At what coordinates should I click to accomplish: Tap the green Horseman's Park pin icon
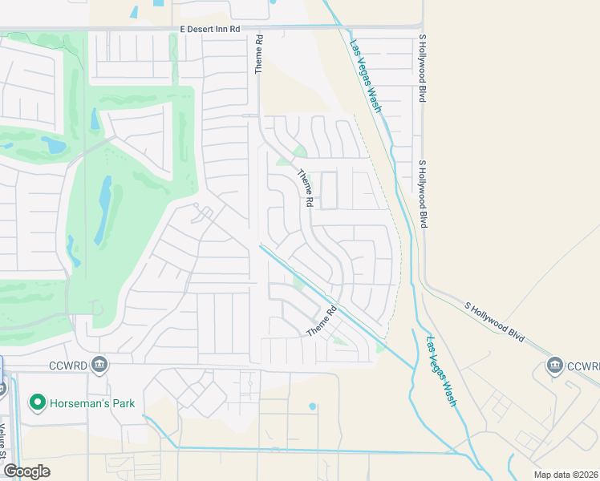(x=37, y=402)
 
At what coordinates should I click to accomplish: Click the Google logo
(x=26, y=471)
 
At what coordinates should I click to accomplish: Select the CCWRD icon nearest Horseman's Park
(x=99, y=365)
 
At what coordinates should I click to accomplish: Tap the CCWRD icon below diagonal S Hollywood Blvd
(x=554, y=366)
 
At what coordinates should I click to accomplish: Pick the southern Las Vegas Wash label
(x=441, y=370)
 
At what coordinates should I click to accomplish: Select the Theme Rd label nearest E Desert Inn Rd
(x=259, y=55)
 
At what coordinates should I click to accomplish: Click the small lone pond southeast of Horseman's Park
(x=312, y=406)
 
